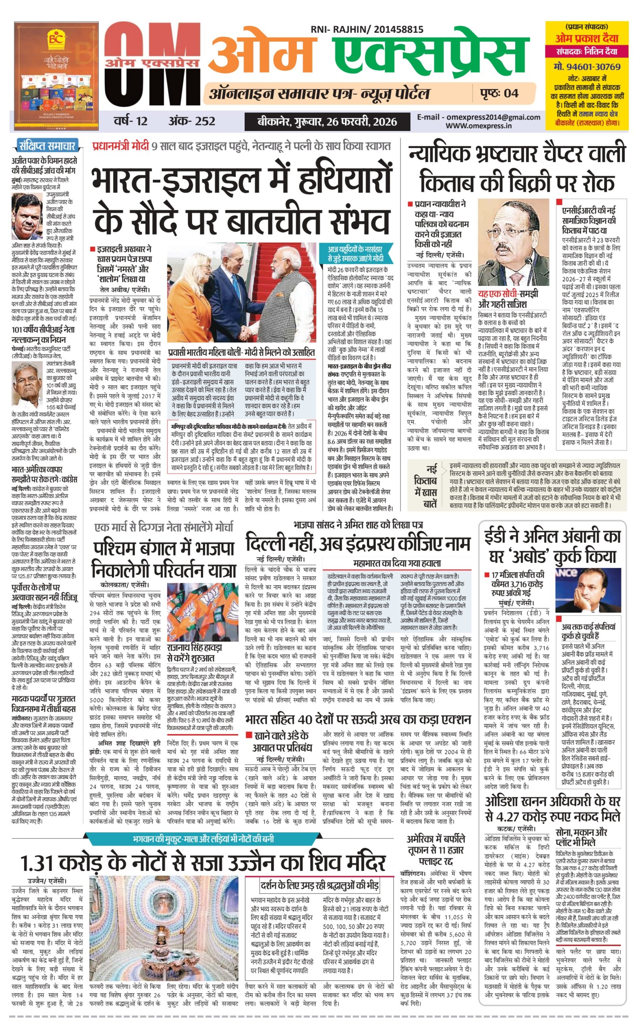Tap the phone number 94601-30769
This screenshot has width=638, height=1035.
[587, 67]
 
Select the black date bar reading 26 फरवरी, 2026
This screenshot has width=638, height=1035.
[327, 122]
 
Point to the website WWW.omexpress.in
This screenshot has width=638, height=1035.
[479, 126]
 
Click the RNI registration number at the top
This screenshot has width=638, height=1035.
[367, 30]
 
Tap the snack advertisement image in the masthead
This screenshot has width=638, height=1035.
[56, 76]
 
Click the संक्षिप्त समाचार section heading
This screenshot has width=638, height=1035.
[47, 146]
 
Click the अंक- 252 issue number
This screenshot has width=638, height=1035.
[192, 122]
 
